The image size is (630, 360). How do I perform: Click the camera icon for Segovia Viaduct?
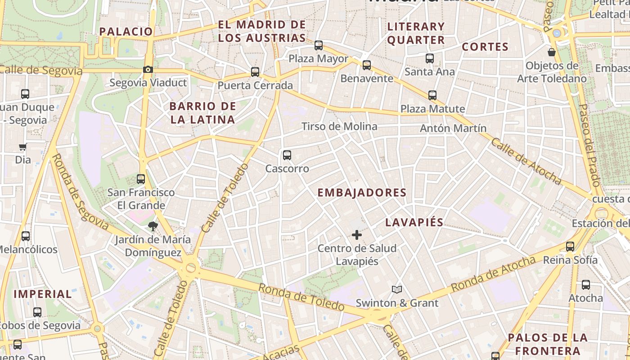(x=148, y=69)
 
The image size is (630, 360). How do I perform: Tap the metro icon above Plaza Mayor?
(x=319, y=45)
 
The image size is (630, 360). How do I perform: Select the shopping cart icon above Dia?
(x=23, y=147)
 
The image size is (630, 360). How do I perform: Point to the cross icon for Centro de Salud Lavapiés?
(x=357, y=234)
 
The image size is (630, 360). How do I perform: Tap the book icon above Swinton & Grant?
(x=396, y=289)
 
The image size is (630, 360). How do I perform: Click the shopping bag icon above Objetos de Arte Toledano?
(x=552, y=52)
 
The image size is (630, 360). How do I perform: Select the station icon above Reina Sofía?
(x=570, y=246)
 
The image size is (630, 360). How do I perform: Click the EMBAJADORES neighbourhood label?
(x=362, y=193)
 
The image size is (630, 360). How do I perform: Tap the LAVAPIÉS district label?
(x=414, y=222)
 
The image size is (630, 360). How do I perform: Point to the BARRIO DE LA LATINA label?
(x=202, y=113)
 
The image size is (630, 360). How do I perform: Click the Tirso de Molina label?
(x=339, y=126)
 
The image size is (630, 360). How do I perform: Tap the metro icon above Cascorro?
(x=287, y=155)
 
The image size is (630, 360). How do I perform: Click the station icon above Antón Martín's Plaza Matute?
(x=432, y=95)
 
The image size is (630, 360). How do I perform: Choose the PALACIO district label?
(x=126, y=31)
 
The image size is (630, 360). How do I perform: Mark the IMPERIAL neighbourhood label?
(x=43, y=294)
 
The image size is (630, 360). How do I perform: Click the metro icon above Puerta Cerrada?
(x=255, y=72)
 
